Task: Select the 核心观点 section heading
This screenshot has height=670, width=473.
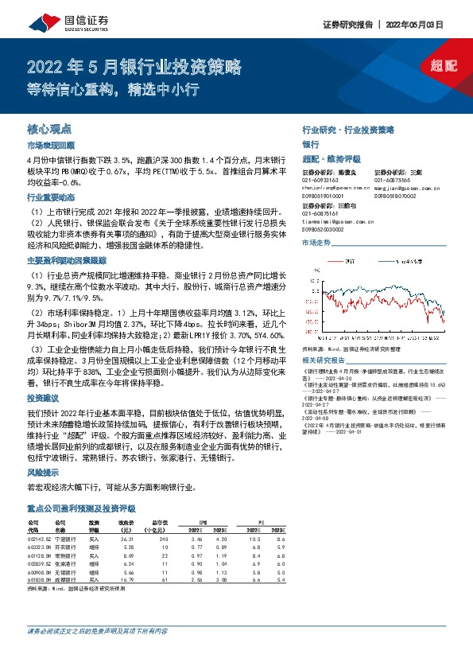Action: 49,128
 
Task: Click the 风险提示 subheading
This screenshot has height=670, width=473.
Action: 42,471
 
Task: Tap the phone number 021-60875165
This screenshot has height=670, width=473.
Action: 394,181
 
